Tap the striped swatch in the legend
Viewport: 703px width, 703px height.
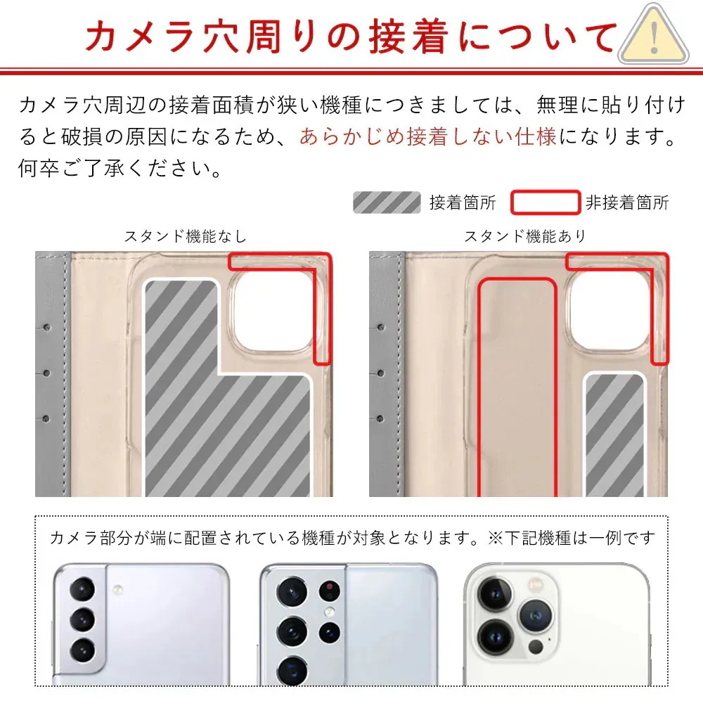(x=386, y=203)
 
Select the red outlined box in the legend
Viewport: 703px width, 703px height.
(x=545, y=202)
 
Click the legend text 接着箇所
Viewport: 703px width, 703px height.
(x=463, y=204)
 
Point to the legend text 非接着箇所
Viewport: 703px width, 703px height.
(x=627, y=204)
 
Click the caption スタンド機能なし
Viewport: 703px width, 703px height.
(x=186, y=237)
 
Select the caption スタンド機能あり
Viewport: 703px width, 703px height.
(x=524, y=237)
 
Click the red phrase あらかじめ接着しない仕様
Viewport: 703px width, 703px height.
(x=427, y=136)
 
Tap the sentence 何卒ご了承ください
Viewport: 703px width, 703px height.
(x=117, y=169)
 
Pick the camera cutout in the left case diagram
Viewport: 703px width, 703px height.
(x=273, y=311)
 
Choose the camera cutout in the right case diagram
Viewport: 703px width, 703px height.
(x=609, y=311)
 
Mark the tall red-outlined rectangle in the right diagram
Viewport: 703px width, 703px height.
(x=517, y=387)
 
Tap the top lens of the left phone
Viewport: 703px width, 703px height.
(x=82, y=588)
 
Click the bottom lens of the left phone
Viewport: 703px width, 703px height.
(x=82, y=650)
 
